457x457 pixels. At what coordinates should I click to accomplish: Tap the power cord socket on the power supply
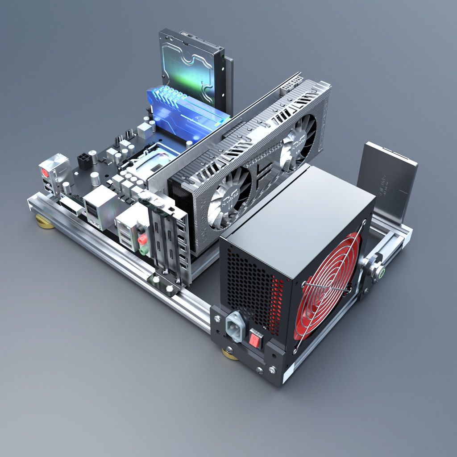click(x=235, y=327)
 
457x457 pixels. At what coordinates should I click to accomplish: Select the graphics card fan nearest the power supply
click(x=230, y=196)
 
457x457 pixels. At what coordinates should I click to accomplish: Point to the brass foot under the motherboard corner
click(x=45, y=221)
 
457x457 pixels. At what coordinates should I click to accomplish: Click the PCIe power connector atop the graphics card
click(x=291, y=83)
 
